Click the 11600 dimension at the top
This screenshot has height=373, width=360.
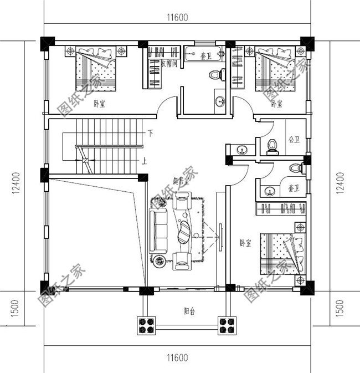click(x=178, y=17)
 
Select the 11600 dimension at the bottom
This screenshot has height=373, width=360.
click(x=178, y=357)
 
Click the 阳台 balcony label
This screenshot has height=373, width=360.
click(x=190, y=311)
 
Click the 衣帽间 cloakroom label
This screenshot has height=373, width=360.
click(x=168, y=64)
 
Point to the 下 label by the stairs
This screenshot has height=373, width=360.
click(x=150, y=134)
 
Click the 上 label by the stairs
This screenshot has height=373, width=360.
click(x=144, y=161)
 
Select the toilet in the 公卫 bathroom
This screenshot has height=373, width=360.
click(x=272, y=145)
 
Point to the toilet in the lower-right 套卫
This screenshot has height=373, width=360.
click(x=295, y=168)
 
